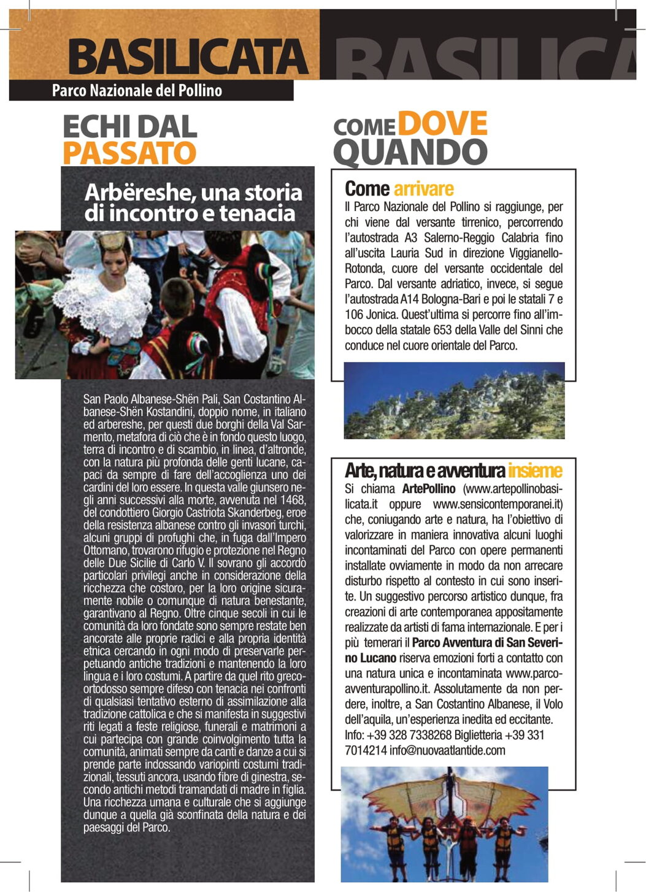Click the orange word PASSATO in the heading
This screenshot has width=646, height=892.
pyautogui.click(x=129, y=153)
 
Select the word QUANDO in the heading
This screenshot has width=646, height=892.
pyautogui.click(x=410, y=152)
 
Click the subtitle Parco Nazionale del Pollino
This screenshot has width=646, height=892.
pyautogui.click(x=137, y=91)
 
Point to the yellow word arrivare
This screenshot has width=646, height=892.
pyautogui.click(x=423, y=188)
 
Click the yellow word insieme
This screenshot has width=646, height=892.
pyautogui.click(x=534, y=471)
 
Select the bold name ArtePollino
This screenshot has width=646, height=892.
pyautogui.click(x=429, y=489)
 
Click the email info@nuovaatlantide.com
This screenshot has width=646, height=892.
pyautogui.click(x=447, y=750)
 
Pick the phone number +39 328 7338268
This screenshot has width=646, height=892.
pyautogui.click(x=409, y=735)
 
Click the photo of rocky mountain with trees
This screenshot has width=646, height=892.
pyautogui.click(x=454, y=401)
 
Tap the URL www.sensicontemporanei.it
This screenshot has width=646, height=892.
pyautogui.click(x=498, y=504)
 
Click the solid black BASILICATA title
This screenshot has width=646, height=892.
pyautogui.click(x=187, y=57)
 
